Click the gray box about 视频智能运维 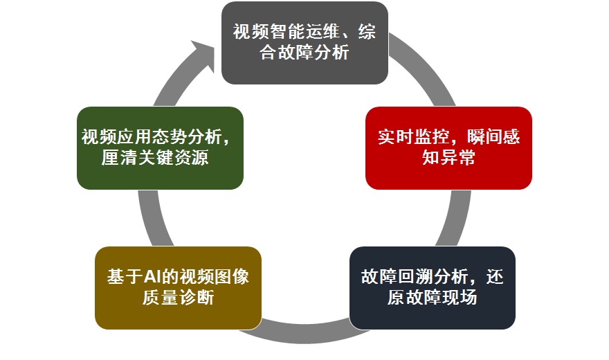click(x=304, y=43)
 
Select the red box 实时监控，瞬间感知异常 click(x=448, y=148)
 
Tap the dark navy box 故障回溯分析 click(x=433, y=288)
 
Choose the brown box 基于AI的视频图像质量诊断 click(x=178, y=288)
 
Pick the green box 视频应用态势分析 click(x=160, y=148)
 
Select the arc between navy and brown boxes click(x=304, y=334)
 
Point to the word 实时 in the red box click(x=395, y=137)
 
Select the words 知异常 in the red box click(x=448, y=158)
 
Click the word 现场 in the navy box click(x=460, y=298)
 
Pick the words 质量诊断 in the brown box click(x=178, y=298)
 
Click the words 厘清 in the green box click(x=119, y=158)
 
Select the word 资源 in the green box click(x=191, y=158)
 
